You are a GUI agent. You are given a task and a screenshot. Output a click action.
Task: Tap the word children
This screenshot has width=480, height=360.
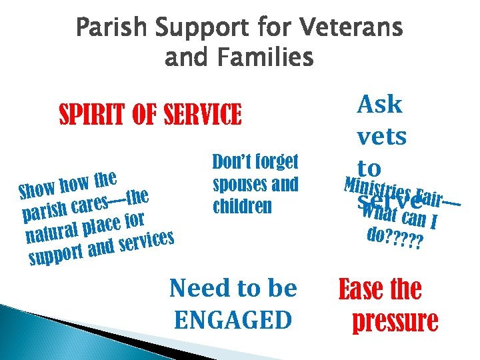(242, 206)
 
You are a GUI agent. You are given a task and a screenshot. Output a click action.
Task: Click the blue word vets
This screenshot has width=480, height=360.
(381, 137)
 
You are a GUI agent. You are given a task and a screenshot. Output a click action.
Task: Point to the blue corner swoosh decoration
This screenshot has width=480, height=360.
(60, 333)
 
